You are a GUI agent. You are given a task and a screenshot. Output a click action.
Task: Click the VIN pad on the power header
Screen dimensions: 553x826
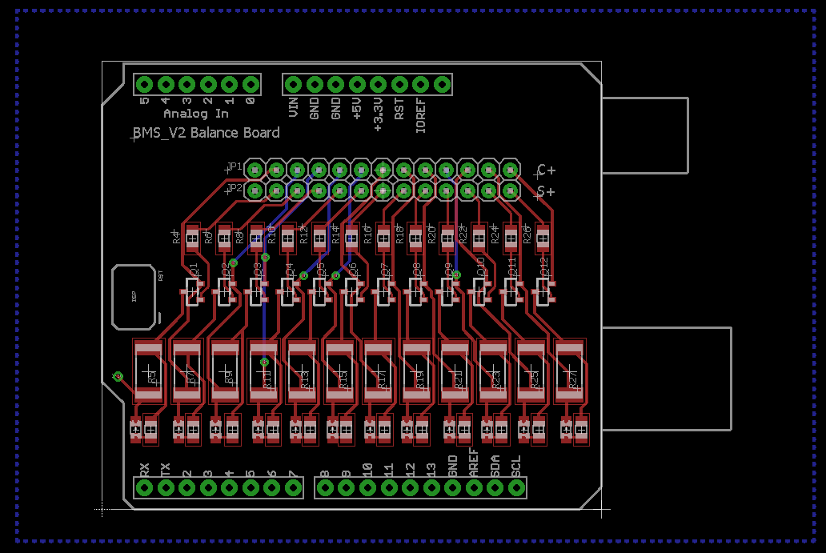tap(293, 84)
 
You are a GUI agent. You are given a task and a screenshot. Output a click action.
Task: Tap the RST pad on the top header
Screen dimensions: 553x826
tap(399, 84)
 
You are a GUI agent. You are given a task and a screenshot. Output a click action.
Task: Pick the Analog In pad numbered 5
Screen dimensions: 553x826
tap(145, 84)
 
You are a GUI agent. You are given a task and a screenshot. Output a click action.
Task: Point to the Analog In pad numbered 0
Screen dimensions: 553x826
tap(251, 84)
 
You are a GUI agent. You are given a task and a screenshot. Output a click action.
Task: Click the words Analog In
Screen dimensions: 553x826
tap(196, 114)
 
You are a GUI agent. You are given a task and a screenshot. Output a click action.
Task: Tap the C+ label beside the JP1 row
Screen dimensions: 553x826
tap(547, 170)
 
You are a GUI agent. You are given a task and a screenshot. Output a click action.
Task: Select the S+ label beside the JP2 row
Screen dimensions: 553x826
tap(547, 191)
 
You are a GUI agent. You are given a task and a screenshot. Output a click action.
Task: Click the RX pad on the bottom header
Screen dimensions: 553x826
tap(145, 487)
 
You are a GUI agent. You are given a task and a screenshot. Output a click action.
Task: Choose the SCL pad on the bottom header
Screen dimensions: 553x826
tap(516, 487)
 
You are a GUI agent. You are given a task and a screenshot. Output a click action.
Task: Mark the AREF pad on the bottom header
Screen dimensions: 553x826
tap(474, 487)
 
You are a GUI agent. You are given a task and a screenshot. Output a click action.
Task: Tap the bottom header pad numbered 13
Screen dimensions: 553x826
tap(431, 487)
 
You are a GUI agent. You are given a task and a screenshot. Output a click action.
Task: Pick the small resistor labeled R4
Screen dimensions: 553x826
tap(191, 236)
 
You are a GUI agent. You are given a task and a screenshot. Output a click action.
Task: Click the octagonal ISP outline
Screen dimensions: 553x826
tap(134, 296)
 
